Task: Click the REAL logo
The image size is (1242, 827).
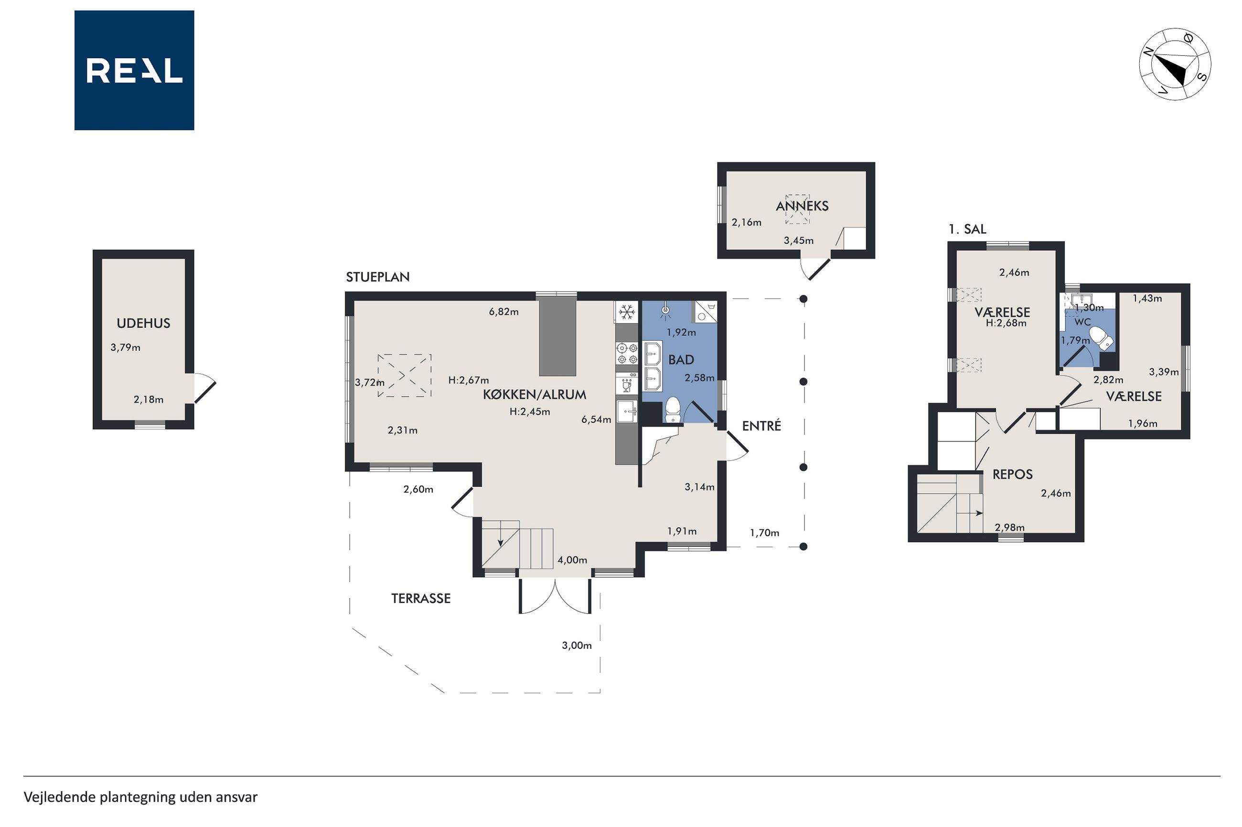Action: pos(134,70)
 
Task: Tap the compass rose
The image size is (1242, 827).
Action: pos(1175,64)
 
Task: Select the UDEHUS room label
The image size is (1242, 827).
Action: pos(144,324)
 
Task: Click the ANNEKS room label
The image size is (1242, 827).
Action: pos(802,206)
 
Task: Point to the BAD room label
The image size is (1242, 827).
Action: pos(681,360)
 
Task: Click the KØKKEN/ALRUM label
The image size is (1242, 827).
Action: pos(534,395)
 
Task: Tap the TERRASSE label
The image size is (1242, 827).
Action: pos(421,598)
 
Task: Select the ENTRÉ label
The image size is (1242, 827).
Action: pos(761,426)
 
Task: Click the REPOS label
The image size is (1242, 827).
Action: pos(1012,474)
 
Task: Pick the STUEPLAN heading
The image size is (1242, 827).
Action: pos(377,277)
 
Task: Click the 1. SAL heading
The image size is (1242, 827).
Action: pos(967,230)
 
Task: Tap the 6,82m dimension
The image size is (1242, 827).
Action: pos(503,312)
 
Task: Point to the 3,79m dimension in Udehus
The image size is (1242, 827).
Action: pos(125,347)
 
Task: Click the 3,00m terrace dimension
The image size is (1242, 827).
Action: pos(577,646)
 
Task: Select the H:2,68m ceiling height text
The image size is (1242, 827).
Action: pos(1006,324)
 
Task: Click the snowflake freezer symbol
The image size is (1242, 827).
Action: pos(627,312)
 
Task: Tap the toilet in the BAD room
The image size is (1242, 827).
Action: pos(672,410)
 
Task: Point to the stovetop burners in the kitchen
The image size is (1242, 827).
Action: pos(627,354)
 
